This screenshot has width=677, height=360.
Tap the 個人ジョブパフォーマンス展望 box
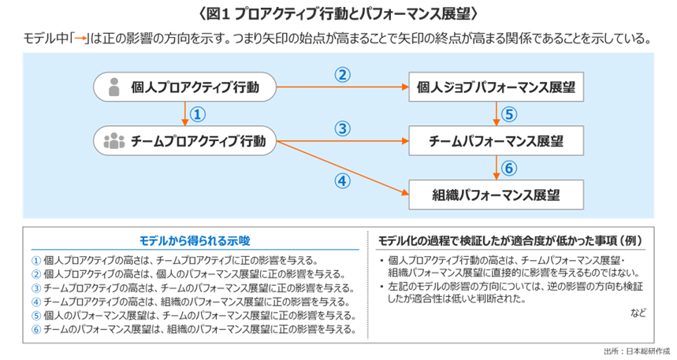point(496,87)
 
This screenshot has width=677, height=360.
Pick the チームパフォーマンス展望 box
point(496,142)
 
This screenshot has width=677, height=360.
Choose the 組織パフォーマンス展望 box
point(496,193)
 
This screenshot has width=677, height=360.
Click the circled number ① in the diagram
point(198,115)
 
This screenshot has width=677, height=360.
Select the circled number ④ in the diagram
point(341,180)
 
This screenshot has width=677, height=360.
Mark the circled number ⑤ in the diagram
point(508,115)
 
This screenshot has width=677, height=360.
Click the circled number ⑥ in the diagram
point(508,168)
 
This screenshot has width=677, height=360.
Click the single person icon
point(113,87)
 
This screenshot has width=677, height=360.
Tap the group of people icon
point(113,142)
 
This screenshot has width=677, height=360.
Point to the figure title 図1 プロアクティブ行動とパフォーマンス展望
point(339,14)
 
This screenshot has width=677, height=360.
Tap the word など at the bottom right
point(638,313)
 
